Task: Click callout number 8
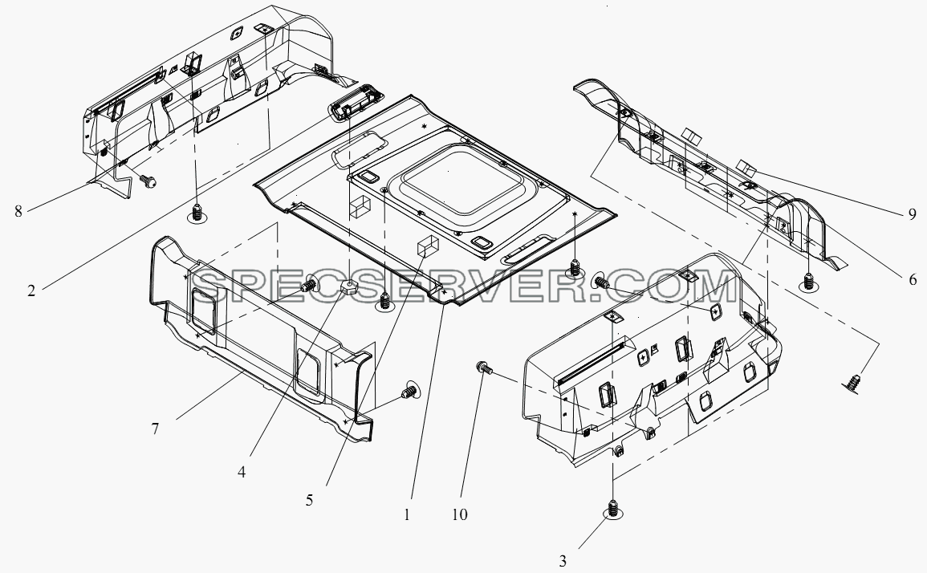pos(18,211)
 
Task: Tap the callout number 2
pos(30,291)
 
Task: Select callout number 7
pos(155,428)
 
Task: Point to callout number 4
pos(242,472)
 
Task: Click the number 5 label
pos(309,500)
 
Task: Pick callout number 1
pos(407,515)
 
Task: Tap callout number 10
pos(459,514)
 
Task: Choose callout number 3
pos(563,561)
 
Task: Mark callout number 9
pos(913,213)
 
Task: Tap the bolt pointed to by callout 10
pos(483,368)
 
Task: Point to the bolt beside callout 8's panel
pos(148,181)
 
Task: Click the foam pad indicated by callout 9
pos(748,168)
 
